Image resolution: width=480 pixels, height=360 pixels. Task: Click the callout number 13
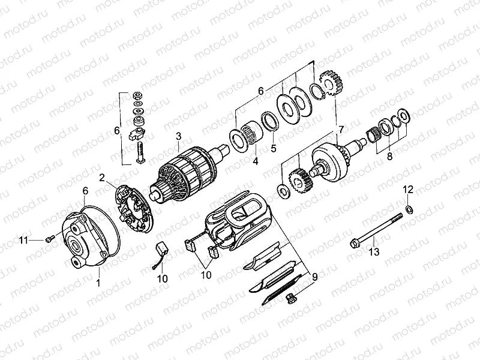(x=374, y=253)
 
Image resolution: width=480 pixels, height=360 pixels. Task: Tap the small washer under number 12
(x=408, y=209)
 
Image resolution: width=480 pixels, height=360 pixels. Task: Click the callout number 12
(x=408, y=190)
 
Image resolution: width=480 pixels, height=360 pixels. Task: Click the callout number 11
(x=23, y=241)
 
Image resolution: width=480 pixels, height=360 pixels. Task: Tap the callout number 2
(x=103, y=177)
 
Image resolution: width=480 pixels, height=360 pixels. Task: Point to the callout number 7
(x=341, y=130)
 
